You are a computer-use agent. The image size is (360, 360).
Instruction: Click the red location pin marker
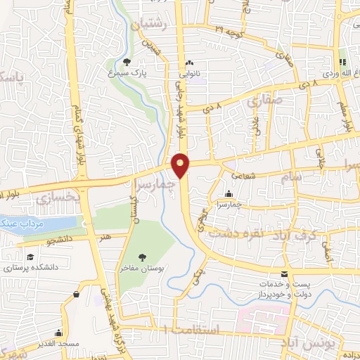click(181, 164)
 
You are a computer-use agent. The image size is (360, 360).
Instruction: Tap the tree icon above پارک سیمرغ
click(127, 61)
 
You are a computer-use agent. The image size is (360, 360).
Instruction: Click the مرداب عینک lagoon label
click(25, 224)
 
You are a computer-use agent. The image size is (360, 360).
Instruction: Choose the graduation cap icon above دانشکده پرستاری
click(30, 257)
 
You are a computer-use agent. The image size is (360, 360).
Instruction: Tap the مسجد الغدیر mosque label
click(59, 342)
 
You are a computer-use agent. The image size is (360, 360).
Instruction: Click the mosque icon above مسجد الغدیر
click(59, 332)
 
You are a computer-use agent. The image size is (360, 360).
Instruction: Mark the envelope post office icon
click(284, 274)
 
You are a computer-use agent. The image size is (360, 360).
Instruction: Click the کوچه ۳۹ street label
click(231, 32)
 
